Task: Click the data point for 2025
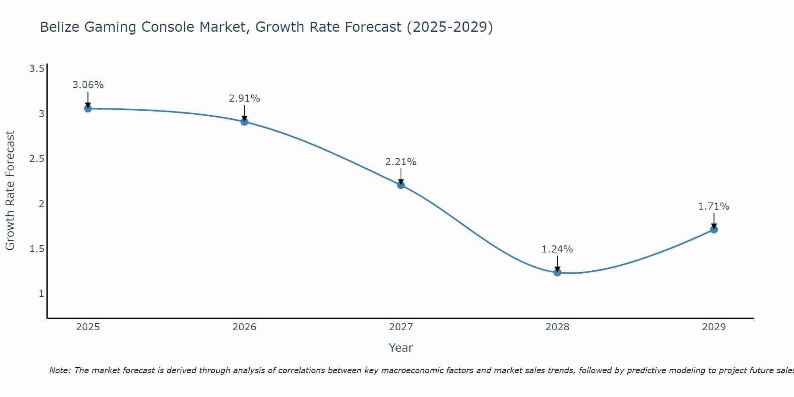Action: click(x=88, y=108)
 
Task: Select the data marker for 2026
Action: click(x=245, y=121)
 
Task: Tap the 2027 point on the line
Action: click(x=401, y=185)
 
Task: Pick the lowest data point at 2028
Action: click(x=557, y=272)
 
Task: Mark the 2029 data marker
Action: click(x=714, y=229)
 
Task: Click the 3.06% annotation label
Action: click(x=88, y=85)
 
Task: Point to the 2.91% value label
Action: click(x=245, y=98)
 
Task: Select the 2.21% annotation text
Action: click(x=401, y=162)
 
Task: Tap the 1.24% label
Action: click(x=557, y=249)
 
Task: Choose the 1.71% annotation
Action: click(x=714, y=206)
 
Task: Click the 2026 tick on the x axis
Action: click(x=245, y=327)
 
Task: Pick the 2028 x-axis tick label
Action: click(x=557, y=327)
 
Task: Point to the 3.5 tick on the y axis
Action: click(x=37, y=69)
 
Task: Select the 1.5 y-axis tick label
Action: click(x=37, y=249)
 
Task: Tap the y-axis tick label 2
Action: click(x=41, y=204)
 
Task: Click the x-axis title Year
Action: click(x=401, y=348)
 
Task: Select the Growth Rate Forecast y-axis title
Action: click(x=10, y=191)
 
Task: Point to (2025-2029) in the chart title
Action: click(x=449, y=27)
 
